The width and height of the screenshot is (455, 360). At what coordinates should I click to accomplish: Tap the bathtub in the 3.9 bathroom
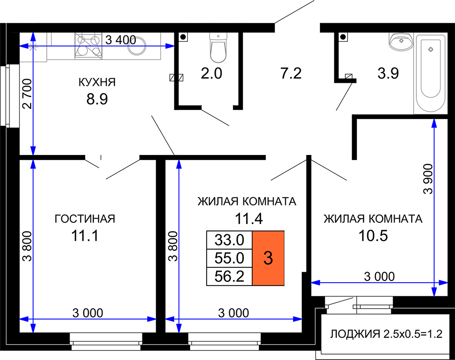[x=430, y=75]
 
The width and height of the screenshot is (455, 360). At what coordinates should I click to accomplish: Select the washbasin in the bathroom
[x=401, y=41]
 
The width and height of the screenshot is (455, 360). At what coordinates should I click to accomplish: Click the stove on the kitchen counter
[x=89, y=46]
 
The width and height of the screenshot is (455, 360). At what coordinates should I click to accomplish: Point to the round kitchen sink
[x=136, y=46]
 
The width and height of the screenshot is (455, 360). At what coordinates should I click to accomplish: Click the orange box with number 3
[x=268, y=258]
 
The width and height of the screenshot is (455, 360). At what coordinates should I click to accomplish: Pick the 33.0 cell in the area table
[x=229, y=240]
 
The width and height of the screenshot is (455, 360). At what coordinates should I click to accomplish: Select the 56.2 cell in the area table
[x=229, y=276]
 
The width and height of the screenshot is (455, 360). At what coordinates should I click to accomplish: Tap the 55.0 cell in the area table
[x=229, y=258]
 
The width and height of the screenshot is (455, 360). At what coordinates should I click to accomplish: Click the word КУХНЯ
[x=97, y=82]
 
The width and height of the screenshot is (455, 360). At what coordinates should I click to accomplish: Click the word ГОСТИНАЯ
[x=85, y=219]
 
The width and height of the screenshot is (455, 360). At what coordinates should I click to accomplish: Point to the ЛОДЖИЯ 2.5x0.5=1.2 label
[x=386, y=334]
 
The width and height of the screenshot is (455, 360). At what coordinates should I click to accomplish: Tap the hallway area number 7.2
[x=291, y=73]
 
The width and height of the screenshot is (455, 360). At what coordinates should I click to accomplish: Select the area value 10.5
[x=373, y=235]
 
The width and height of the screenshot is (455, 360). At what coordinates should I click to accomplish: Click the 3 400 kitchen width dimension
[x=121, y=40]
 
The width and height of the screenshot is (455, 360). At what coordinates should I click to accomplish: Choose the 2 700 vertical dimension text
[x=27, y=93]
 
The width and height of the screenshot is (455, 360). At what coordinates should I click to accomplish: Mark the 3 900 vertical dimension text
[x=428, y=179]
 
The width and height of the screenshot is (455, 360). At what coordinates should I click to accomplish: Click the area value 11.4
[x=249, y=219]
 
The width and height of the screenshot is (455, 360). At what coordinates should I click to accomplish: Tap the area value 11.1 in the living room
[x=85, y=235]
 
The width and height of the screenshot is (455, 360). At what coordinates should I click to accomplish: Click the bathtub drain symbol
[x=430, y=49]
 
